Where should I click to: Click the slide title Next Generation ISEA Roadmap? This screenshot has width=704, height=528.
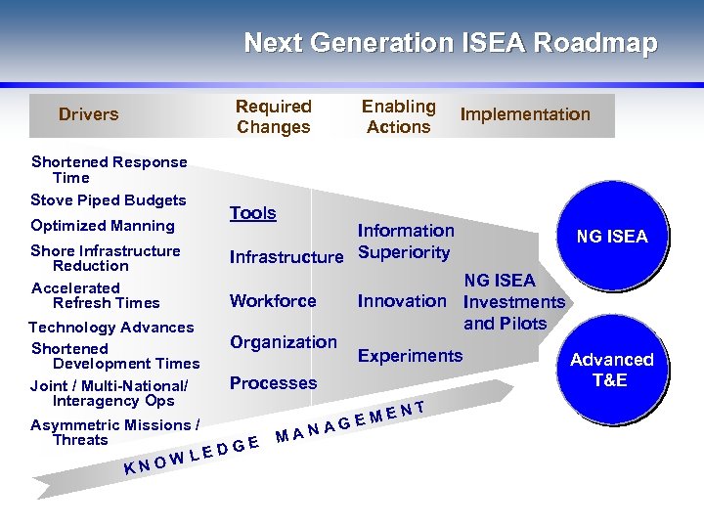(450, 44)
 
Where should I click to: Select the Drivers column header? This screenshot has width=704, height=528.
(88, 114)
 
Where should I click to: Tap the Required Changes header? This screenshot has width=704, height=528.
(274, 116)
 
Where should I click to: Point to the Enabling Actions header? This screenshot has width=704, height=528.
(399, 116)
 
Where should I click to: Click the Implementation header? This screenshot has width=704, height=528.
(525, 114)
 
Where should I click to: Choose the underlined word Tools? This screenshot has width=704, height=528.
(253, 213)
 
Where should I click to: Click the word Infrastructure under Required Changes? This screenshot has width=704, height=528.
(286, 258)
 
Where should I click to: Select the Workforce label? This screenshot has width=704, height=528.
(273, 301)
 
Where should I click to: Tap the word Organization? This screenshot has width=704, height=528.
(284, 342)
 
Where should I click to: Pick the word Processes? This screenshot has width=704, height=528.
(273, 383)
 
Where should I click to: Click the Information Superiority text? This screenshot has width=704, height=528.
(405, 242)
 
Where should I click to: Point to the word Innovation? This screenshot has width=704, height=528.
(402, 301)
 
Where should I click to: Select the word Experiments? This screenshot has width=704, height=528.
(410, 356)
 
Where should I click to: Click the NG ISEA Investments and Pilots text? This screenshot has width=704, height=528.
(513, 301)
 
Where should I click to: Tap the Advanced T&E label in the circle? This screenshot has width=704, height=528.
(612, 370)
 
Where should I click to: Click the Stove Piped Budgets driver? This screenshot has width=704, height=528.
(108, 200)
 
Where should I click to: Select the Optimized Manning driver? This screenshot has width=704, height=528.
(102, 226)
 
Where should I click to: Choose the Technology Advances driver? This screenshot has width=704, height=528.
(110, 328)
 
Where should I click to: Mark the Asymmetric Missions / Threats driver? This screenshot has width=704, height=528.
(114, 432)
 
